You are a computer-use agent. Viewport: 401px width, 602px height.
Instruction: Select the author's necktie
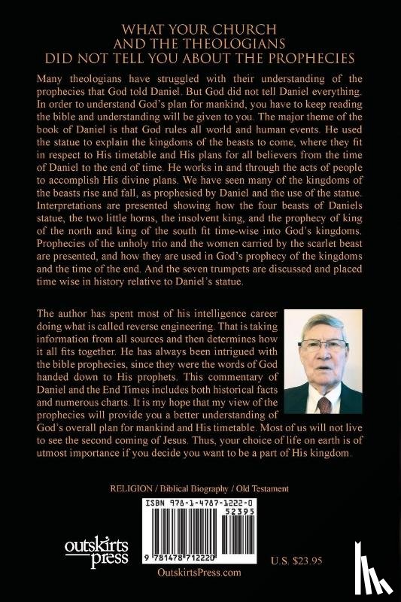tap(324, 405)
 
